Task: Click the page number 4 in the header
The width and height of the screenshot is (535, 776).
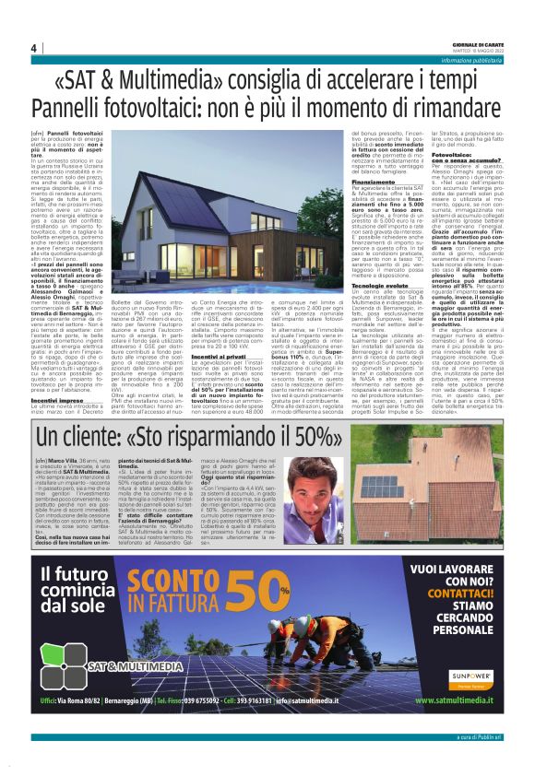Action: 33,48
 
